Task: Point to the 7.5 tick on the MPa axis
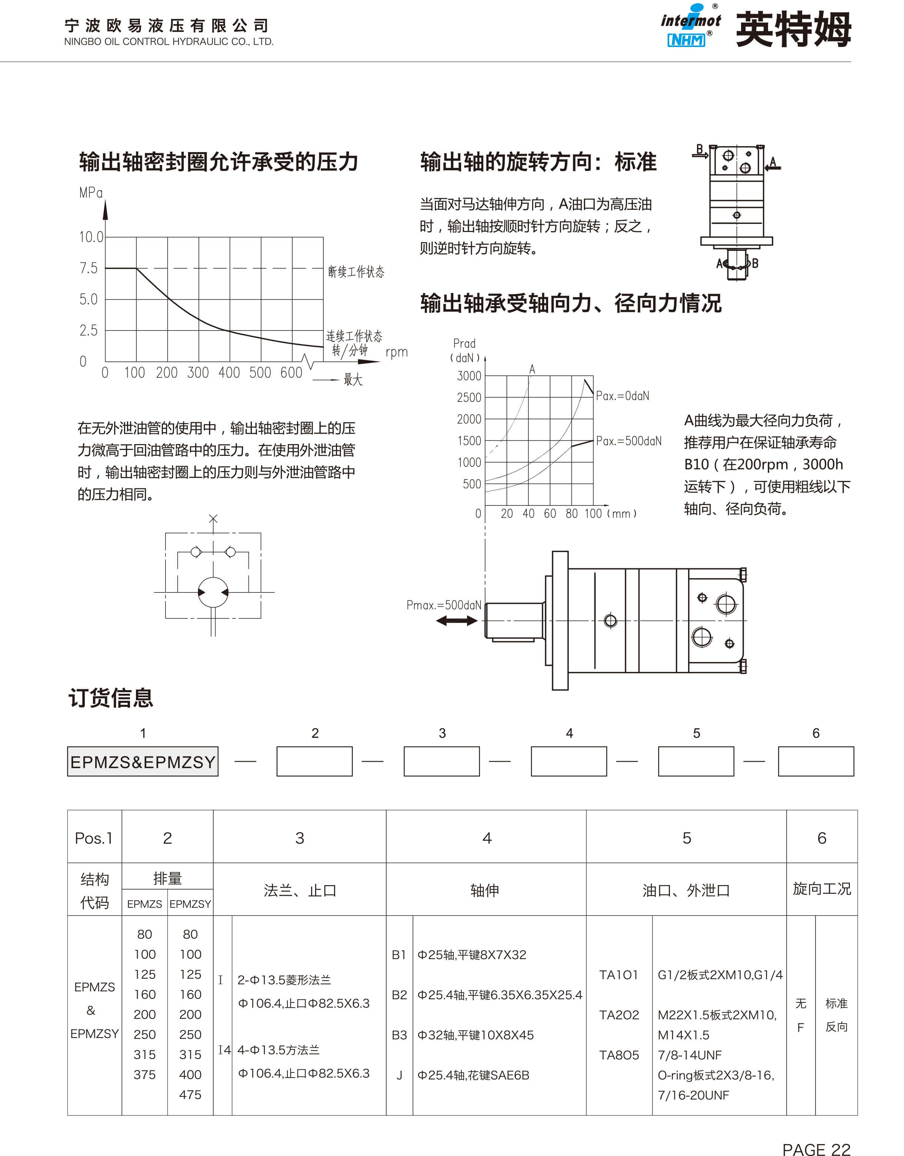tap(89, 268)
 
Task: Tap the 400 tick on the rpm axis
tap(229, 373)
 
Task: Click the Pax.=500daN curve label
tap(628, 441)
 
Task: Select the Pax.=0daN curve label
tap(622, 396)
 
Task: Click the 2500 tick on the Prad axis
tap(469, 397)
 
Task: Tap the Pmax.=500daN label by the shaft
tap(444, 605)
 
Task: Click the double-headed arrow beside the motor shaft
tap(457, 621)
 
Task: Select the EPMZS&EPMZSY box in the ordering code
tap(143, 762)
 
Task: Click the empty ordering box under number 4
tap(569, 762)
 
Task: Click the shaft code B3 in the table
tap(399, 1035)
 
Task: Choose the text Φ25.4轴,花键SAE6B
tap(473, 1075)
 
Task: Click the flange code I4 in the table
tap(224, 1049)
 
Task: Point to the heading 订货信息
tap(111, 698)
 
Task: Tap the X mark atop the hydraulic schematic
tap(213, 519)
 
